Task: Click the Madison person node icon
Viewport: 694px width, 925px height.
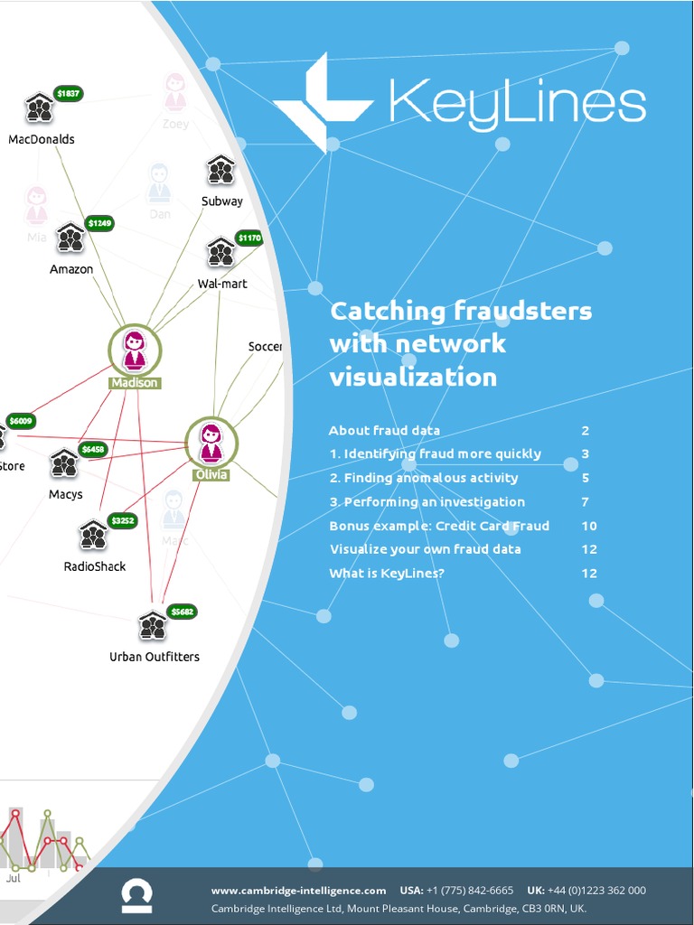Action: coord(135,350)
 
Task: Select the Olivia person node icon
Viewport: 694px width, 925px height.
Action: coord(211,442)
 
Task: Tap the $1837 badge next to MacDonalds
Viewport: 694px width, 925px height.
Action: coord(68,93)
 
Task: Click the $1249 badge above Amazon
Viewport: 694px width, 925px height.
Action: coord(99,222)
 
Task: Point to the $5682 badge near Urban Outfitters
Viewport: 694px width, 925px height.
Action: coord(182,612)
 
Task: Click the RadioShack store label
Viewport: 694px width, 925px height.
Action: coord(95,566)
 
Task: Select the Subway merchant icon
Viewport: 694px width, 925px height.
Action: coord(220,170)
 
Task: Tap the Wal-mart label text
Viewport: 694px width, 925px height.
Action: coord(222,284)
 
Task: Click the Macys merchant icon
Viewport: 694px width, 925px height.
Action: coord(64,462)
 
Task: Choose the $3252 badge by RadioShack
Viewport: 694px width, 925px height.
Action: coord(122,520)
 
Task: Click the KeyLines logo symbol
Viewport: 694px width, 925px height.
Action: coord(321,102)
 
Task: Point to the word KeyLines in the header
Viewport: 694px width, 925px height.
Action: coord(517,102)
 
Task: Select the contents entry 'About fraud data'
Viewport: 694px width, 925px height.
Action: coord(384,431)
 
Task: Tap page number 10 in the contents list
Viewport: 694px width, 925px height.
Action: coord(588,526)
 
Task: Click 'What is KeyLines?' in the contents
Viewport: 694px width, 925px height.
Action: coord(387,573)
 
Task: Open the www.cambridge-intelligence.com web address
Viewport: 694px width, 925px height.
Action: coord(298,890)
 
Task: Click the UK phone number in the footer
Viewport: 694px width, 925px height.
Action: coord(597,890)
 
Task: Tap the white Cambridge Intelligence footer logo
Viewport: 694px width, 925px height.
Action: coord(136,896)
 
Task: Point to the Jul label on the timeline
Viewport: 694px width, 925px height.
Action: coord(14,877)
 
